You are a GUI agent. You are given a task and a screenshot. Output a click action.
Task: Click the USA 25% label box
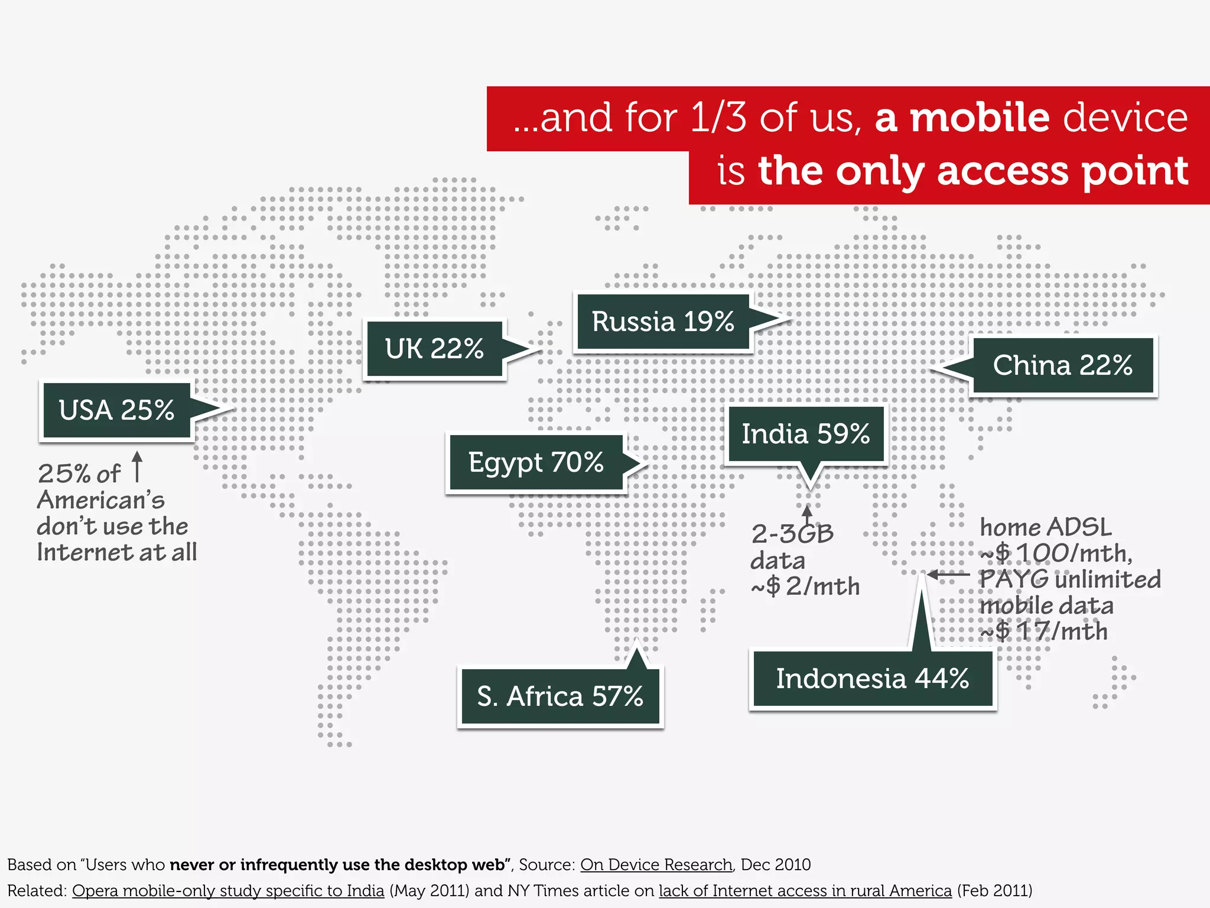pos(117,410)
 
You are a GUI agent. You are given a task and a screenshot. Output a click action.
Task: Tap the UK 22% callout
pos(434,349)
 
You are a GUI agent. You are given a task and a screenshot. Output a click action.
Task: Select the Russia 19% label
pos(663,322)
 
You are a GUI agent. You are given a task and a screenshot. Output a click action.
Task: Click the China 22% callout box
pos(1062,365)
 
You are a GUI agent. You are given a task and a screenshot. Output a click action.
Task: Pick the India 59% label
pos(805,434)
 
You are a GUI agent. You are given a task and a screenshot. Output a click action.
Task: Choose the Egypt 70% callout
pos(536,462)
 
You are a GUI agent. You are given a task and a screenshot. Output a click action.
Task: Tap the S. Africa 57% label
pos(560,696)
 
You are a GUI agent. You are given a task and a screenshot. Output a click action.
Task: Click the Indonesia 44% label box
pos(872,679)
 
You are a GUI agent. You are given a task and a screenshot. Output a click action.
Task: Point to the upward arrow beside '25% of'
pos(137,467)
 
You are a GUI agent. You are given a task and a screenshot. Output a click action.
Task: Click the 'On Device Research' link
pos(656,864)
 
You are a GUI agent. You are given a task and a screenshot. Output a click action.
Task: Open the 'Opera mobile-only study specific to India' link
pos(228,890)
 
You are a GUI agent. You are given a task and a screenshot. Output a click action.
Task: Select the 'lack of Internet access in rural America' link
pos(805,890)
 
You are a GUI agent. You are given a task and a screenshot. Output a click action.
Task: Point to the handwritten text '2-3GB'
pos(792,534)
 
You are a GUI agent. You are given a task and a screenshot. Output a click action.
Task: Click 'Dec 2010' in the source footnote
pos(775,864)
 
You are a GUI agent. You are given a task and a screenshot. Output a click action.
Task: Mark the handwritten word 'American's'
pos(101,500)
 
